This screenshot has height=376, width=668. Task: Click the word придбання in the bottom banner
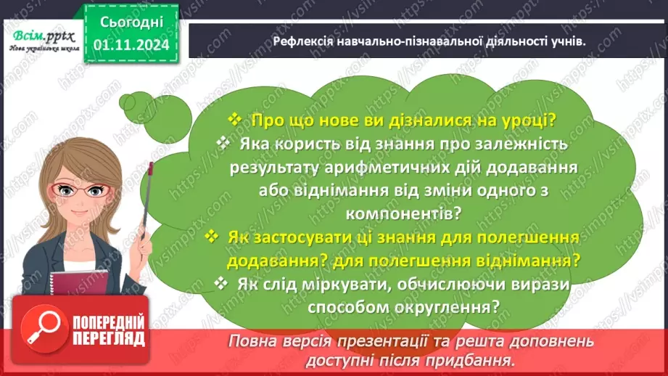click(x=477, y=359)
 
